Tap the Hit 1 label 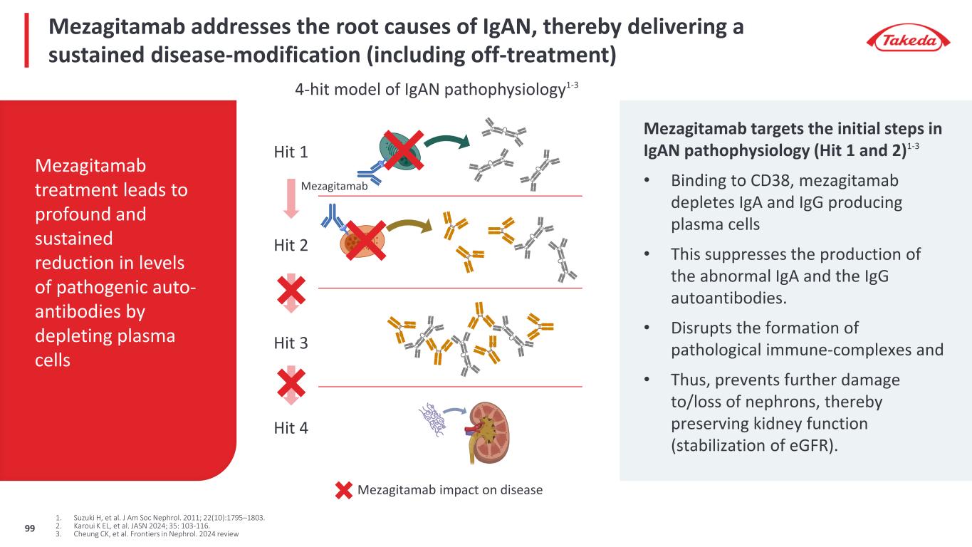tap(291, 152)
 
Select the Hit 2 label tap(291, 246)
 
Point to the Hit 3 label tap(291, 343)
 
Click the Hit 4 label tap(291, 428)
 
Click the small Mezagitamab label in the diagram tap(333, 187)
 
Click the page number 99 tap(30, 527)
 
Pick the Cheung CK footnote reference tap(157, 534)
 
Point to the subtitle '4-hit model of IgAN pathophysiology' tap(437, 90)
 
